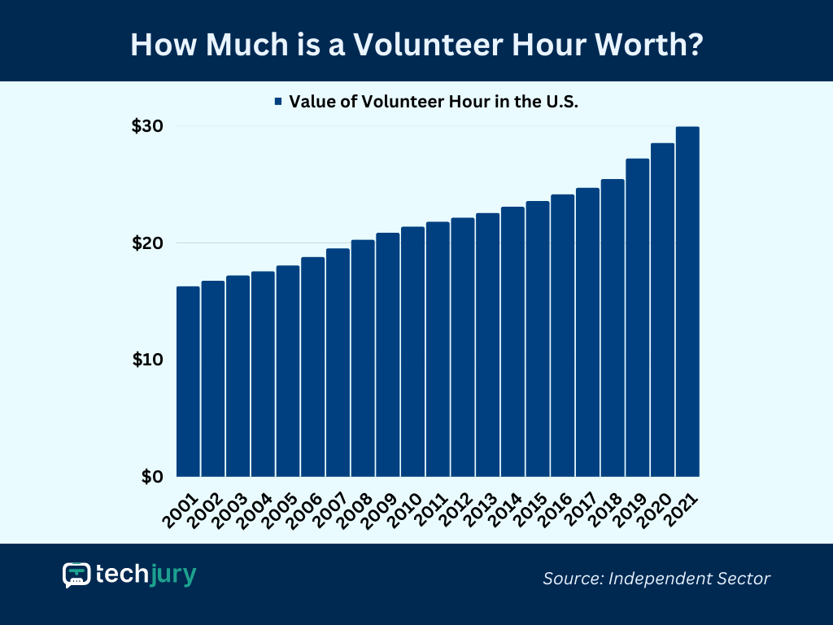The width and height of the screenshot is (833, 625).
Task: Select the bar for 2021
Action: [x=687, y=301]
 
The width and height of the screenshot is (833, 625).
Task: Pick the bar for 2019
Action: [x=637, y=317]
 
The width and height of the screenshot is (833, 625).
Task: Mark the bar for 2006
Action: [x=312, y=366]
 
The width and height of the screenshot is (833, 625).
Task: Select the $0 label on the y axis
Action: [x=151, y=476]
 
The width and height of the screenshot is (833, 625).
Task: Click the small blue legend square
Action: [x=278, y=102]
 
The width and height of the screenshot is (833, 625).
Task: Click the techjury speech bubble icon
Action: [x=76, y=575]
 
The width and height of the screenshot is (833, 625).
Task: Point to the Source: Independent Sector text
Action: [x=656, y=579]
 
